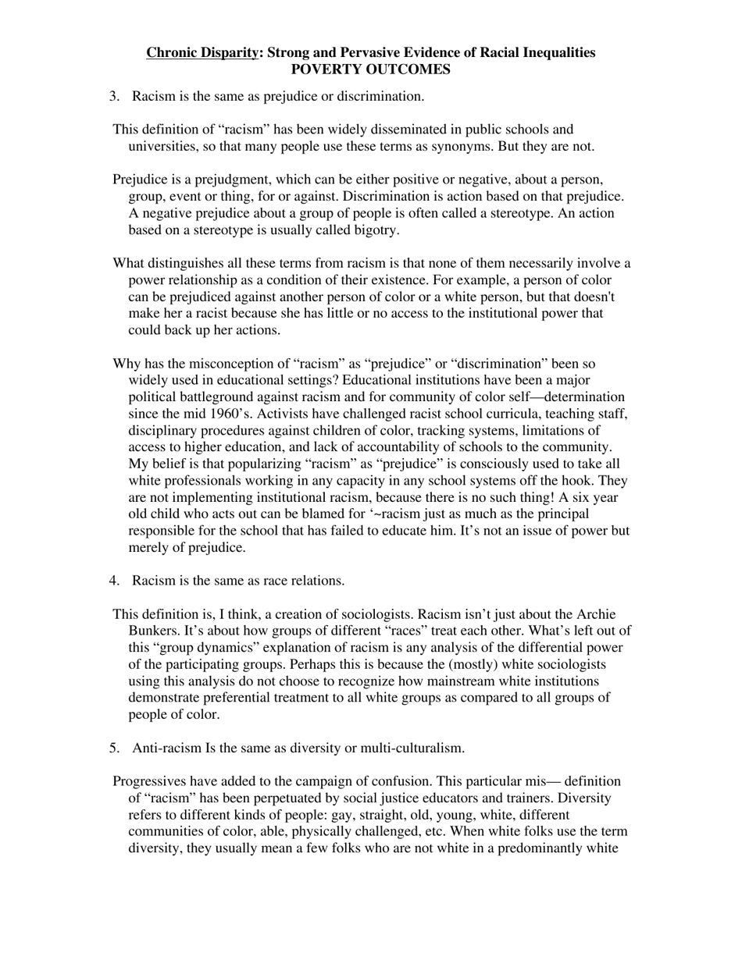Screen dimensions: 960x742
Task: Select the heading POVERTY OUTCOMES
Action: pos(371,69)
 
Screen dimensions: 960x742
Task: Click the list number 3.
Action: pos(114,96)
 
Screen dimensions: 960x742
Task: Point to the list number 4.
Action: pos(114,581)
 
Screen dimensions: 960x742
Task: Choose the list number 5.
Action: pos(114,748)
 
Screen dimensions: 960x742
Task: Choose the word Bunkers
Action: pos(153,631)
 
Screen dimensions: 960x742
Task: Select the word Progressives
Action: pos(151,781)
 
